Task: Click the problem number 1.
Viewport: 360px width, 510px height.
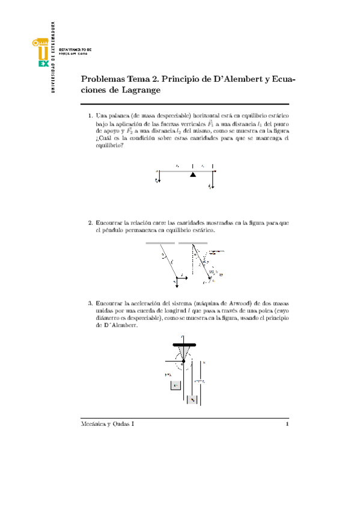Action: [90, 114]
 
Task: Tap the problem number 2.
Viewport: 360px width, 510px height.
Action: [90, 223]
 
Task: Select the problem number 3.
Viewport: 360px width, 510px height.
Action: [90, 303]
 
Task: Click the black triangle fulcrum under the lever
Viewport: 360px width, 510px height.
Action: [193, 174]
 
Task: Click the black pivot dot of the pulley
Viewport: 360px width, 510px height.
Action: [183, 361]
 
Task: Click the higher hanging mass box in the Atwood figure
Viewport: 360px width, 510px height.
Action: [175, 385]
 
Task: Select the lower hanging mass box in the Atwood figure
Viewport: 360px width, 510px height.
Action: [192, 399]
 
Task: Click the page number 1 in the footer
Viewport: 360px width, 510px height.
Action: [288, 425]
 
